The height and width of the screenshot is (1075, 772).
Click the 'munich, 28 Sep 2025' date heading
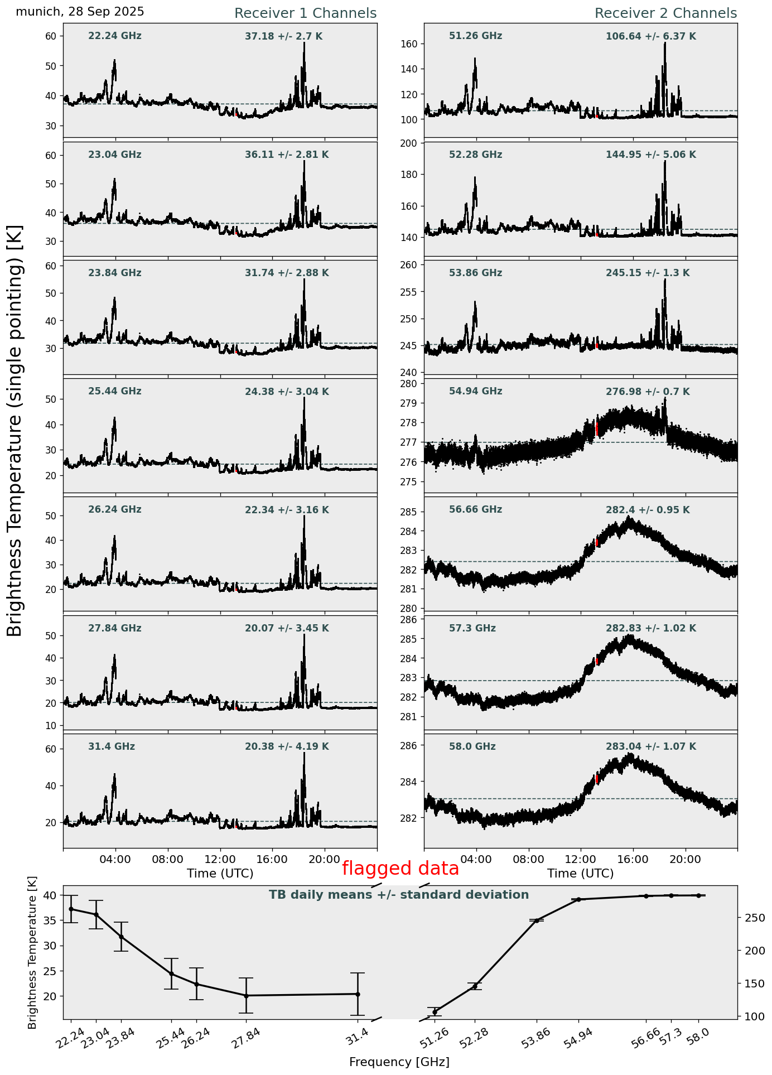[80, 12]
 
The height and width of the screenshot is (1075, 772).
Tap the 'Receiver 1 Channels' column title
[305, 13]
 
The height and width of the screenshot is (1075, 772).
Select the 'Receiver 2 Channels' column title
[665, 13]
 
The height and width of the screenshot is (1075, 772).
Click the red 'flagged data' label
[400, 869]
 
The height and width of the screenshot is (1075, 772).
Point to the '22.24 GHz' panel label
[114, 36]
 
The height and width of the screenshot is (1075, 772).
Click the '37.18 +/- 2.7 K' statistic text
[283, 37]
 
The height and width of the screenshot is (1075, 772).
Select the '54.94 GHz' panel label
[475, 392]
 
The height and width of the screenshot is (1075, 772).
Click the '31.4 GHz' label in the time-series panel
[111, 746]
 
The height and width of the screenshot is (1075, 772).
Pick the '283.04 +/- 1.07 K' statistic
[650, 747]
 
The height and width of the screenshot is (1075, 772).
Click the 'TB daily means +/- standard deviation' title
[398, 895]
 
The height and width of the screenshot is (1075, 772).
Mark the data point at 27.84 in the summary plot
[246, 996]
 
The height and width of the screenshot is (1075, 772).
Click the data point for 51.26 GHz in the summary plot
[435, 1012]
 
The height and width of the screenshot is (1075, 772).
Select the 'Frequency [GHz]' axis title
[399, 1062]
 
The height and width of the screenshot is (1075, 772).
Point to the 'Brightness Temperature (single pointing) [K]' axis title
[15, 430]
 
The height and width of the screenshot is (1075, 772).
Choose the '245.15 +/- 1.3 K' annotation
[647, 273]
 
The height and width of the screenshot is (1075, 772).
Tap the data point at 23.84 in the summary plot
[121, 937]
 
